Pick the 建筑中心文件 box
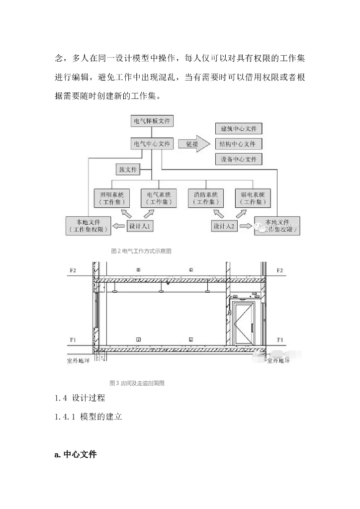click(x=238, y=129)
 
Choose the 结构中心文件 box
click(x=238, y=144)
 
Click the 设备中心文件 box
click(x=238, y=160)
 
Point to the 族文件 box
click(x=127, y=169)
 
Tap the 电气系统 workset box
click(x=158, y=198)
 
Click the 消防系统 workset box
click(x=205, y=198)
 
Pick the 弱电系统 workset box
click(x=253, y=198)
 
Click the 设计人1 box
click(x=140, y=226)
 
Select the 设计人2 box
click(x=224, y=226)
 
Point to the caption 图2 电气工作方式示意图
click(x=141, y=252)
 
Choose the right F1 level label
click(x=279, y=340)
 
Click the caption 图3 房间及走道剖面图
click(x=137, y=383)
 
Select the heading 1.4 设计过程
click(x=80, y=398)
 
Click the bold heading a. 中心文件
click(x=76, y=455)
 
